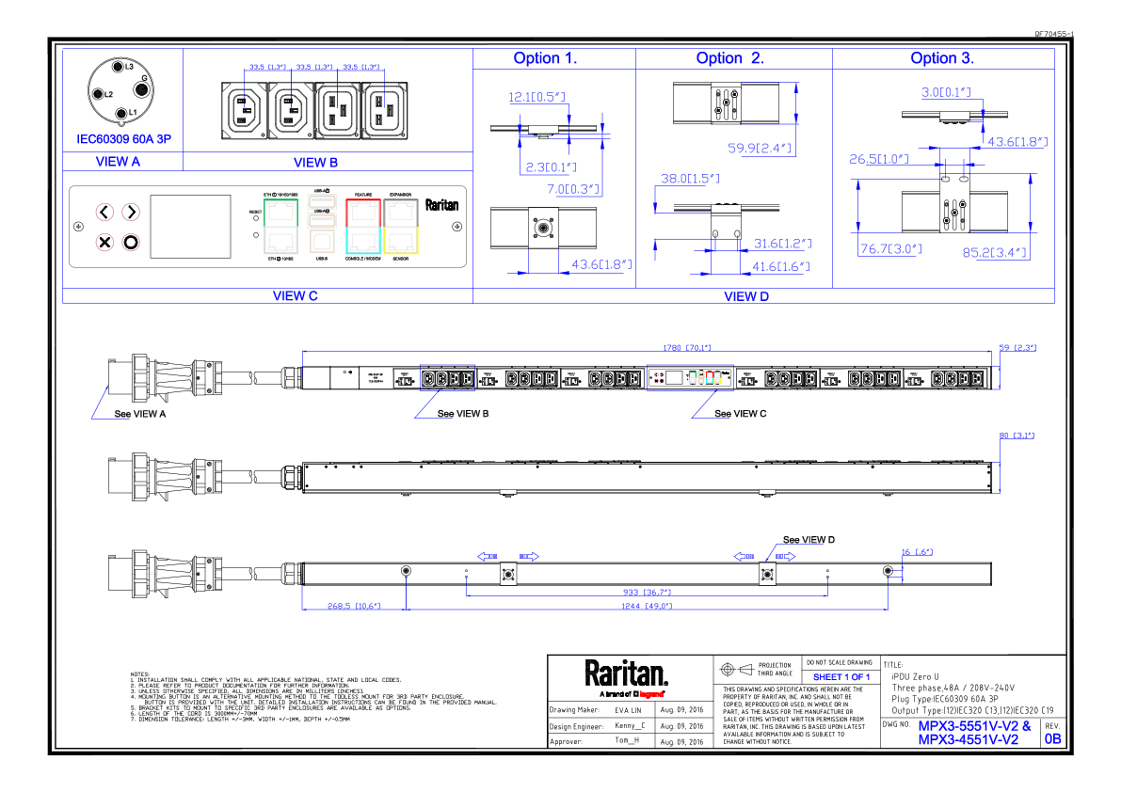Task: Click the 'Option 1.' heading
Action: [545, 58]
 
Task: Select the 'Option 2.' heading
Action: [729, 58]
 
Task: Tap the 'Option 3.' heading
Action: [941, 58]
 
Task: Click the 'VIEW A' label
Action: [118, 162]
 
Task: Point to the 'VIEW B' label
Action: [315, 163]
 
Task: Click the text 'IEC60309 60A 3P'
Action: [123, 139]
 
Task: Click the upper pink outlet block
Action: [122, 215]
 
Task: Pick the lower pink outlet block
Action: [122, 243]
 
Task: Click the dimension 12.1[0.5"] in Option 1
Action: [536, 97]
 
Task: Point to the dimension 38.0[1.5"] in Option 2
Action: [689, 179]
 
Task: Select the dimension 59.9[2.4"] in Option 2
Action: [761, 148]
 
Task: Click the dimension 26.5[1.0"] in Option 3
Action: [879, 159]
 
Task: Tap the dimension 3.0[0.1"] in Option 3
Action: [945, 92]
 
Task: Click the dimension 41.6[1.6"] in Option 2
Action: [780, 266]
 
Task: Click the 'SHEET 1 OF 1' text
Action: [841, 677]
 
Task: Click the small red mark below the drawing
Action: [651, 694]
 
